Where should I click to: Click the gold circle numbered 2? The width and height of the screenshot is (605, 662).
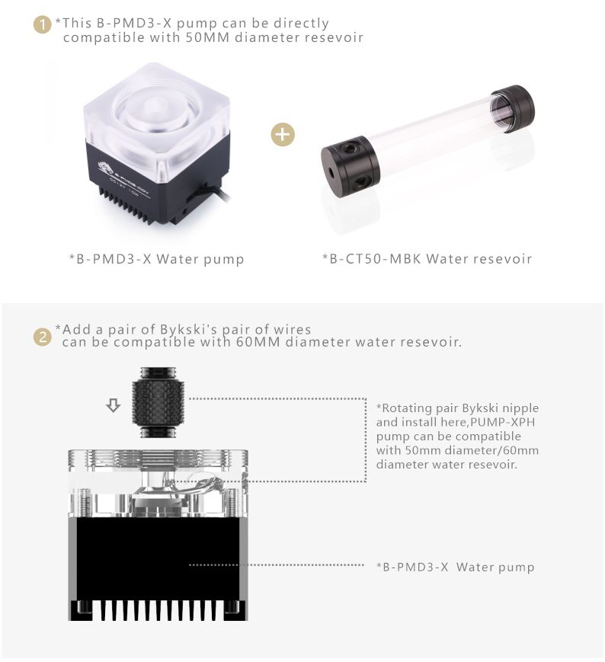click(42, 336)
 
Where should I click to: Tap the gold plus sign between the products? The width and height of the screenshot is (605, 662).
click(282, 135)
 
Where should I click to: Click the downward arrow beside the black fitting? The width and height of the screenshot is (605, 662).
click(114, 406)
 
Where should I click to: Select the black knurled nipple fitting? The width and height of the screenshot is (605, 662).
click(156, 402)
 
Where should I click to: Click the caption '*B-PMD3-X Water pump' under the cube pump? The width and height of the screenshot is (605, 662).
click(157, 259)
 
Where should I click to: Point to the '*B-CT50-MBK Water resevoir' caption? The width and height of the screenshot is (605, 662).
click(427, 259)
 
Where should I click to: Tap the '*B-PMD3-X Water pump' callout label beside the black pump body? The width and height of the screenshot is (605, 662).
click(455, 567)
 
